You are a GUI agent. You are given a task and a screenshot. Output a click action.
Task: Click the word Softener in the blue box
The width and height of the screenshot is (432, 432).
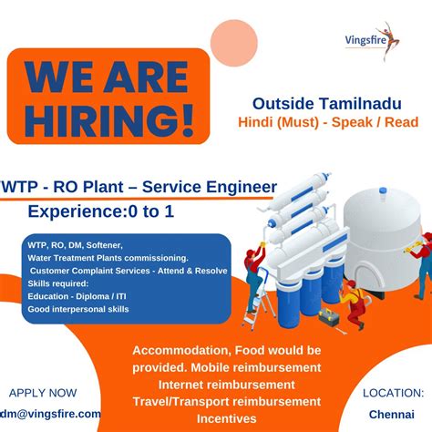[x=114, y=245]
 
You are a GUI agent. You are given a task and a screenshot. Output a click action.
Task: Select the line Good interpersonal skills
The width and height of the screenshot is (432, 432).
[x=78, y=309]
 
